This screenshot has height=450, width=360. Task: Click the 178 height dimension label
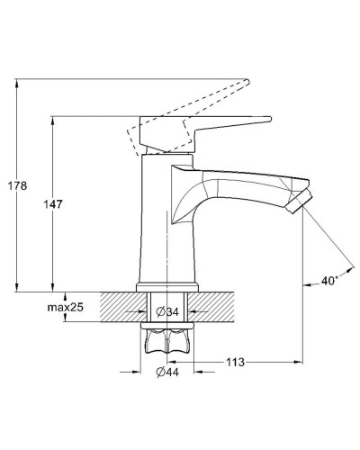[17, 186]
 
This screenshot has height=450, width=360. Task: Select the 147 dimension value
[53, 204]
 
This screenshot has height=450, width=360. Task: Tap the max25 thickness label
[65, 307]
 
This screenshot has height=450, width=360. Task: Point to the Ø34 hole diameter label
[167, 312]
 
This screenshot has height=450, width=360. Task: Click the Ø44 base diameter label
[167, 373]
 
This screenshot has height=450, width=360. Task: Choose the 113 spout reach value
[235, 363]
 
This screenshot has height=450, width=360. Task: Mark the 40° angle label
[329, 281]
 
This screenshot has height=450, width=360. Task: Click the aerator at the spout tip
[299, 202]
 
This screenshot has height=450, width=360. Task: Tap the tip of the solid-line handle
[271, 119]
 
